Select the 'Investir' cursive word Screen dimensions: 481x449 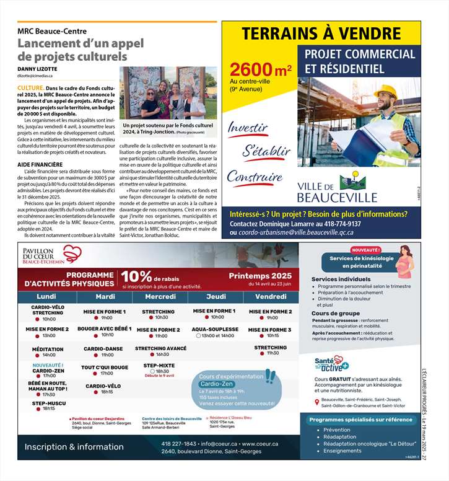[248, 128]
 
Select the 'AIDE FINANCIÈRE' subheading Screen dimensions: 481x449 [40, 164]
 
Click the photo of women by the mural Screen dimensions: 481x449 [168, 92]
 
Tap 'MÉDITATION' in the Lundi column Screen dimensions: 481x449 [48, 350]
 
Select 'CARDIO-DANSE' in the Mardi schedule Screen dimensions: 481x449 [103, 349]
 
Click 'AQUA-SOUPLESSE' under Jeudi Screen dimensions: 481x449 [214, 329]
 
